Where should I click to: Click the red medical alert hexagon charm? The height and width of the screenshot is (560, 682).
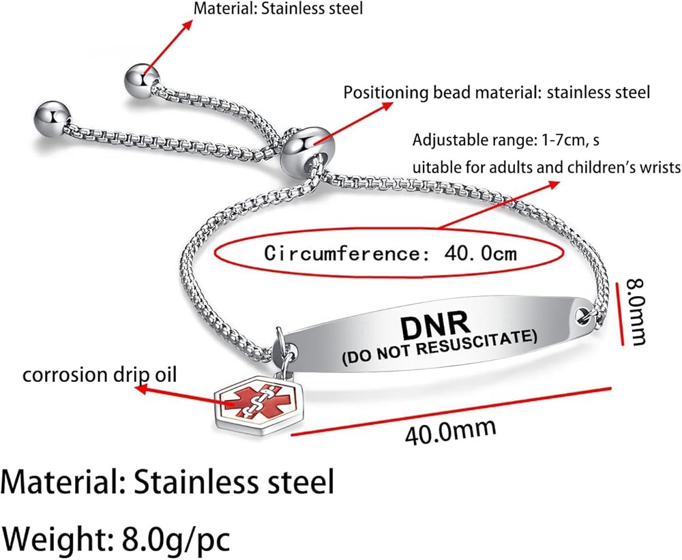258,401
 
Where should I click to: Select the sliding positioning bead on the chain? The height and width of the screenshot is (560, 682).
303,150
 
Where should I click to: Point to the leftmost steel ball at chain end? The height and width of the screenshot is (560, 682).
53,119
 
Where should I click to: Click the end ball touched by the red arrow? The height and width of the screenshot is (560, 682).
142,81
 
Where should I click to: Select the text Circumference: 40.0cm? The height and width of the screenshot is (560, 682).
391,253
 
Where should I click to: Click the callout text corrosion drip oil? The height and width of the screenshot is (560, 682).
100,374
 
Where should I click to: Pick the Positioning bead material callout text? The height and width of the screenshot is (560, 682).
496,93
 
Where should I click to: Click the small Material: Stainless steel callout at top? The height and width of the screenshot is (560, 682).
278,8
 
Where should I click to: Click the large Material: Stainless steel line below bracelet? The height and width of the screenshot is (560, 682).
168,482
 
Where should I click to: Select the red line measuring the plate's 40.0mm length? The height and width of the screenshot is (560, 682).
451,411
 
